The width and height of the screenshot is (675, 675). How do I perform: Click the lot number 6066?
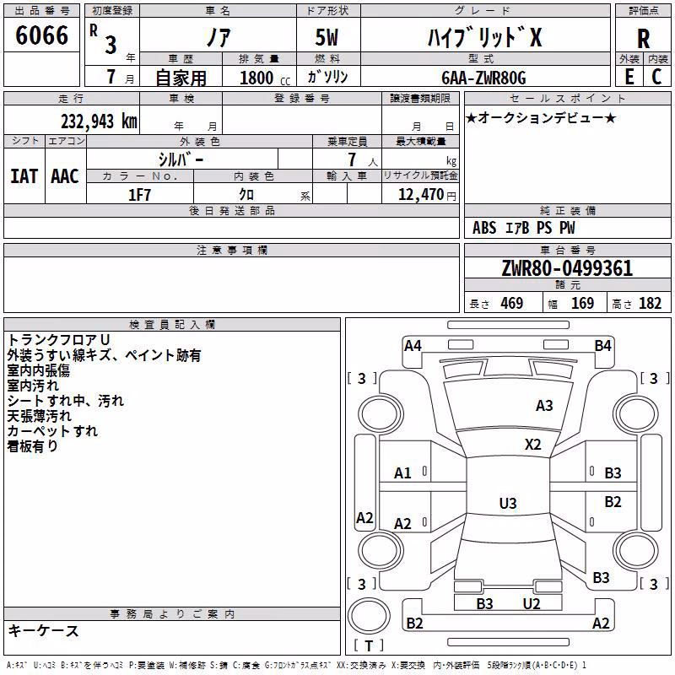41,35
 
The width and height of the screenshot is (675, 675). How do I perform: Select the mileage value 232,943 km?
99,121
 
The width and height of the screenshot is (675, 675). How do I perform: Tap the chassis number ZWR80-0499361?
567,268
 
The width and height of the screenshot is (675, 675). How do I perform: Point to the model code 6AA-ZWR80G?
483,78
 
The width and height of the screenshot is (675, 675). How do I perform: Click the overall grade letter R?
643,39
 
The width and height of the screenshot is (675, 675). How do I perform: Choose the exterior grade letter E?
629,77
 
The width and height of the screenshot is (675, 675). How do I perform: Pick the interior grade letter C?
656,77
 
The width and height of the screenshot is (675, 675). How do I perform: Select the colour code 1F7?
139,195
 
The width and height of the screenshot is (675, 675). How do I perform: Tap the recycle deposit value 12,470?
421,195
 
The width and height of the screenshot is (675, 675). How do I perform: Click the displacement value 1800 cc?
265,78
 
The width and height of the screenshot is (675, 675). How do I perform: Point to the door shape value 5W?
327,37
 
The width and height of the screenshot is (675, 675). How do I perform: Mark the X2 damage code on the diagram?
532,445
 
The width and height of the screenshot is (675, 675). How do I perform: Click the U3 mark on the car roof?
508,503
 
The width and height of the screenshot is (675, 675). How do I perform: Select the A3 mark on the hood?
544,406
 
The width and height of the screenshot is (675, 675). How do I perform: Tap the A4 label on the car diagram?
413,346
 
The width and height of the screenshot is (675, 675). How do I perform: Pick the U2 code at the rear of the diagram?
532,603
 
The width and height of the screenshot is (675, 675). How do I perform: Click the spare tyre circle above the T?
369,617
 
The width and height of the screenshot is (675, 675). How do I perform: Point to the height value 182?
650,303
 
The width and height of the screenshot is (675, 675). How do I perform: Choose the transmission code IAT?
24,176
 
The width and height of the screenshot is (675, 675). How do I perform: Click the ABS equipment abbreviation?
484,228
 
